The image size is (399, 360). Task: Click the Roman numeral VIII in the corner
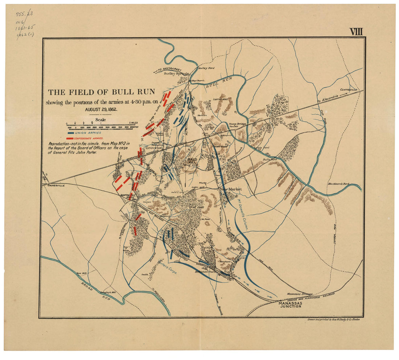click(x=356, y=32)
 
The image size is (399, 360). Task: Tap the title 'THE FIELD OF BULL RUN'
click(x=102, y=92)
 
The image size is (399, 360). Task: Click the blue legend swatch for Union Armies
click(x=71, y=133)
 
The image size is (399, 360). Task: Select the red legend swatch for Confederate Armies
click(x=71, y=139)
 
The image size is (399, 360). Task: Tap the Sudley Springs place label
click(x=176, y=73)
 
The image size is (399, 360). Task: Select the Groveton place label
click(x=153, y=148)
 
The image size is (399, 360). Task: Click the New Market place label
click(x=230, y=189)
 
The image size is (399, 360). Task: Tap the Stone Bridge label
click(x=237, y=124)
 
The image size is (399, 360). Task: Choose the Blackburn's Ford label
click(x=338, y=184)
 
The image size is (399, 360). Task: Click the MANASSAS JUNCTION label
click(x=290, y=304)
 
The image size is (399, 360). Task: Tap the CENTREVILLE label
click(x=349, y=89)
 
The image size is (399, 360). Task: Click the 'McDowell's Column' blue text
click(x=242, y=214)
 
